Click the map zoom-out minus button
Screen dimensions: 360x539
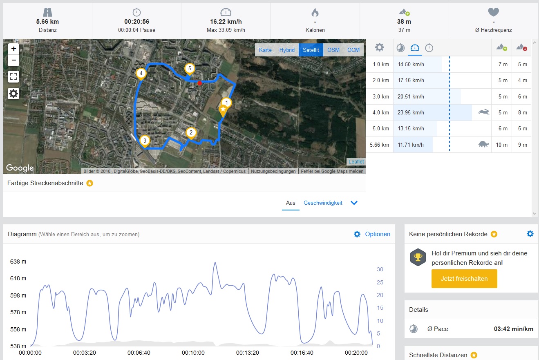coord(14,60)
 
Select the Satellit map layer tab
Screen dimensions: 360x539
coord(311,50)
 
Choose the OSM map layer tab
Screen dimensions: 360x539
coord(333,50)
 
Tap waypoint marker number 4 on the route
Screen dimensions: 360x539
coord(141,74)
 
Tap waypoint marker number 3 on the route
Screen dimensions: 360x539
coord(144,141)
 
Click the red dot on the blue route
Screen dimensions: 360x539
coord(199,83)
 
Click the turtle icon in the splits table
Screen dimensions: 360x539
coord(483,144)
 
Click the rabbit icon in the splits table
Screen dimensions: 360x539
coord(483,112)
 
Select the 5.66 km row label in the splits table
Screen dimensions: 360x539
coord(379,145)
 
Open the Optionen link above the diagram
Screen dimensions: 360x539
coord(377,234)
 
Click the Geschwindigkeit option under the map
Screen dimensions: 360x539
coord(323,203)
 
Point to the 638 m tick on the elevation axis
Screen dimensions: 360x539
coord(18,262)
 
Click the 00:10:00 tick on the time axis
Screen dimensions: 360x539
coord(193,353)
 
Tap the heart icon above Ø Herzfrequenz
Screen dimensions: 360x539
coord(493,12)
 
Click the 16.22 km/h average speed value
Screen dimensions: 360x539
coord(226,22)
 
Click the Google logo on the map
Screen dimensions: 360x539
coord(20,168)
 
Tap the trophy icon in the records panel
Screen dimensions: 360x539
coord(418,257)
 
